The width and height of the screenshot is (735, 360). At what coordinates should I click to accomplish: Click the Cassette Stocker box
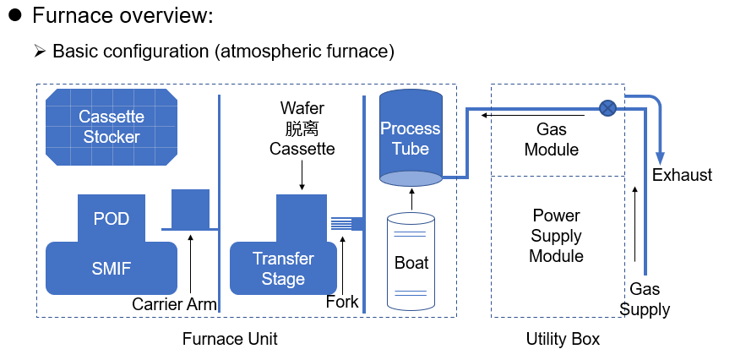click(x=112, y=127)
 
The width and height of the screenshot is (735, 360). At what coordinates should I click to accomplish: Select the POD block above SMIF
click(x=112, y=218)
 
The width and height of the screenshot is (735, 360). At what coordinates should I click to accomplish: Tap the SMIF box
click(x=112, y=268)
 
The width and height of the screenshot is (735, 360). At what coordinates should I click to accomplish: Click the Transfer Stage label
click(x=283, y=269)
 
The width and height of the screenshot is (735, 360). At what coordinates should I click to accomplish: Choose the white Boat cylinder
click(x=411, y=262)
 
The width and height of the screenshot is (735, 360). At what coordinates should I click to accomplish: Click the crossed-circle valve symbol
click(x=607, y=109)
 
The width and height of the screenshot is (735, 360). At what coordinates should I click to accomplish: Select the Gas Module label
click(x=551, y=139)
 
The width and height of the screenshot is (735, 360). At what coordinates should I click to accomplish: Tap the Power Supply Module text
click(x=557, y=236)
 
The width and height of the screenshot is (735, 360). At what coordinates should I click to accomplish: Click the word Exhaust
click(x=682, y=175)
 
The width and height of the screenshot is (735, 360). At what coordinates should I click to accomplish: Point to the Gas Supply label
click(x=645, y=299)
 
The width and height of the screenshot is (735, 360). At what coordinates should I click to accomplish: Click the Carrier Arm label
click(x=174, y=304)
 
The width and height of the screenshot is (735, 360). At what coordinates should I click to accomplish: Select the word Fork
click(x=342, y=302)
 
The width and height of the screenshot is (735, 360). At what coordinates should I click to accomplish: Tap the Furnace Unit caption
click(x=230, y=339)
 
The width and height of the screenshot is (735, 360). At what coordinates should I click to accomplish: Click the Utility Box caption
click(x=563, y=339)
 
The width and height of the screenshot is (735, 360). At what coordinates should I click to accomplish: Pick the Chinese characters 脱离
click(x=302, y=128)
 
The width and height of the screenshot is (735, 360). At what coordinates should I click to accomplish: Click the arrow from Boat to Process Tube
click(x=411, y=199)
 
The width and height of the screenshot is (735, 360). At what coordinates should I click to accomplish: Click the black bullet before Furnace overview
click(x=15, y=15)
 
